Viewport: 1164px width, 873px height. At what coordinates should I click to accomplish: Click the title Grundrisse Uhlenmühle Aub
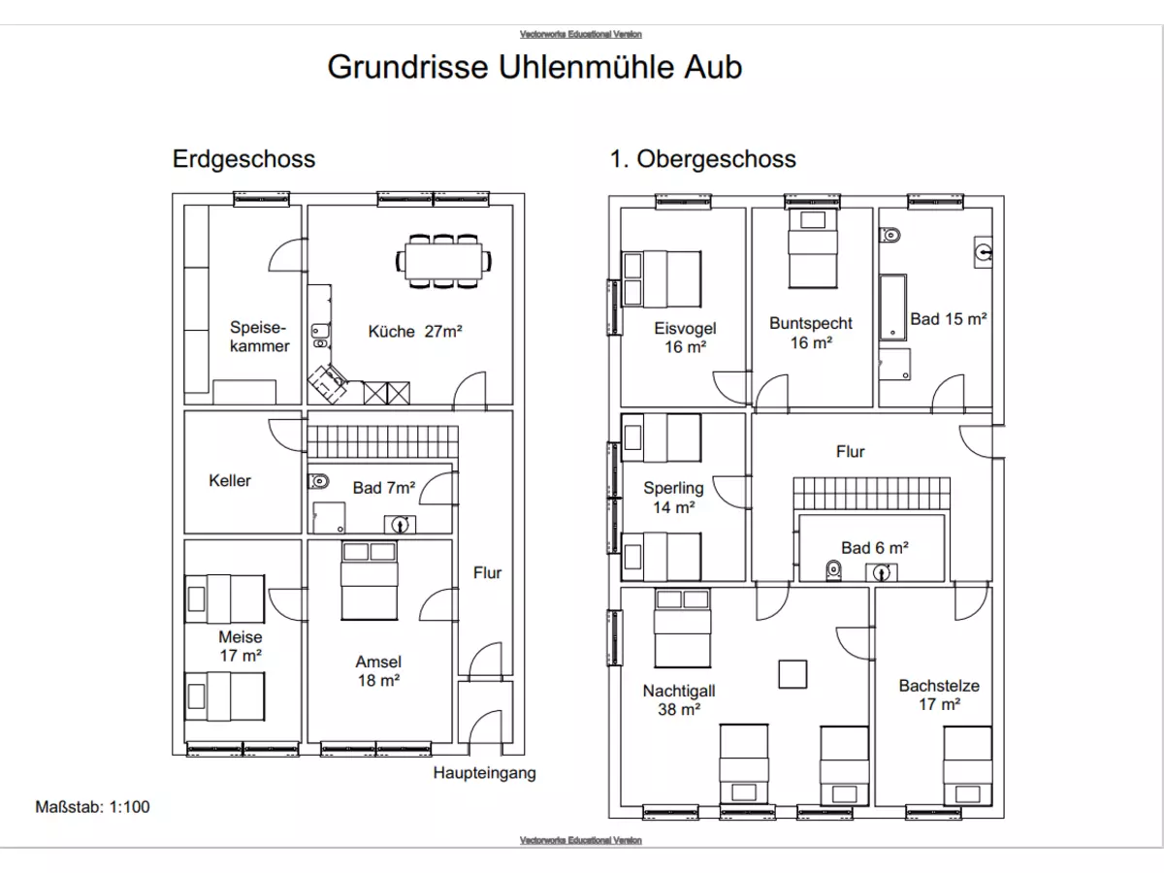[534, 67]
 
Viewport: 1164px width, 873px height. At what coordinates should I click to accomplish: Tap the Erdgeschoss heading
[243, 158]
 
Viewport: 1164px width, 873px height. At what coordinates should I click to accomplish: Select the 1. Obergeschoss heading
[702, 158]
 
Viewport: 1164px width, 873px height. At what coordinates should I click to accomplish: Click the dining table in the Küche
[443, 260]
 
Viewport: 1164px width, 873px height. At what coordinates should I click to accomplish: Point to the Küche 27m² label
[415, 331]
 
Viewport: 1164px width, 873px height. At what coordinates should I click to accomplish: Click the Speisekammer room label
[259, 337]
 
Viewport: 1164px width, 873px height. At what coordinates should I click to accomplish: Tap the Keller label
[230, 480]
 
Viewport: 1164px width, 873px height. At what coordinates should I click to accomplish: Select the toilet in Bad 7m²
[319, 480]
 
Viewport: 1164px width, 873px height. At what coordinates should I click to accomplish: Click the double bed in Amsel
[369, 581]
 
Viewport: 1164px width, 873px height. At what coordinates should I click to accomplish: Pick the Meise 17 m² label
[240, 646]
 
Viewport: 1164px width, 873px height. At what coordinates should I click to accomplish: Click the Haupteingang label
[484, 773]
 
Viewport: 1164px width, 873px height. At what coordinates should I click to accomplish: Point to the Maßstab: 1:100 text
[93, 805]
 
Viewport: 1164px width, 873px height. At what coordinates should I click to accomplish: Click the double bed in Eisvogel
[663, 278]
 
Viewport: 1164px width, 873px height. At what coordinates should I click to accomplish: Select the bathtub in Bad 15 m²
[891, 307]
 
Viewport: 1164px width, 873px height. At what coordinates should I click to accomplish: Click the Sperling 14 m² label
[672, 497]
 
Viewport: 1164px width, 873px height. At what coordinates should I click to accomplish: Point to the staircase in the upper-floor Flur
[871, 493]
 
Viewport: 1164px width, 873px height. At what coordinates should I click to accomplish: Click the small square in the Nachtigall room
[793, 674]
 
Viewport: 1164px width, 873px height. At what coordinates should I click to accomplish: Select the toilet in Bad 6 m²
[831, 571]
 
